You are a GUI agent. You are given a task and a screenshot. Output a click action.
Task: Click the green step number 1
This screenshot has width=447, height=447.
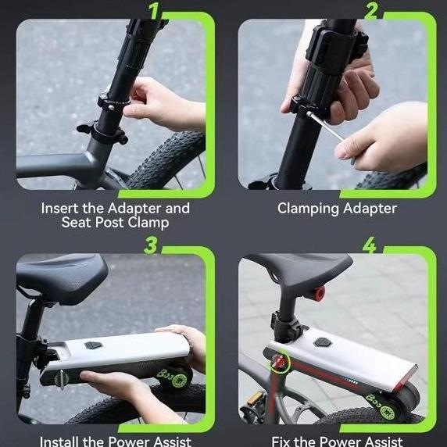pyautogui.click(x=155, y=11)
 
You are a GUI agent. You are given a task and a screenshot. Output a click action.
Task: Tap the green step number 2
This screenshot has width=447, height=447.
pyautogui.click(x=371, y=11)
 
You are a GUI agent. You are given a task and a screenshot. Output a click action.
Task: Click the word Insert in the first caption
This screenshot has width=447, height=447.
pyautogui.click(x=60, y=209)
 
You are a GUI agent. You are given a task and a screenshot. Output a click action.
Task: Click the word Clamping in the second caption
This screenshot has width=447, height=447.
pyautogui.click(x=308, y=209)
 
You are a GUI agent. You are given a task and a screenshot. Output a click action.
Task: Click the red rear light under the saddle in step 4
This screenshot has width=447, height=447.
pyautogui.click(x=319, y=295)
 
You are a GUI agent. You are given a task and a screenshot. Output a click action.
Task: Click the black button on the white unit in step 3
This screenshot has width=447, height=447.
pyautogui.click(x=94, y=345)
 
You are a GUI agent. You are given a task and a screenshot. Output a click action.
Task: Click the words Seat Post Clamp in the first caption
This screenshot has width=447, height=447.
pyautogui.click(x=115, y=223)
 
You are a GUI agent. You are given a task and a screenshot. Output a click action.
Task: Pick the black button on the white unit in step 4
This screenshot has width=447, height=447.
pyautogui.click(x=322, y=342)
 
